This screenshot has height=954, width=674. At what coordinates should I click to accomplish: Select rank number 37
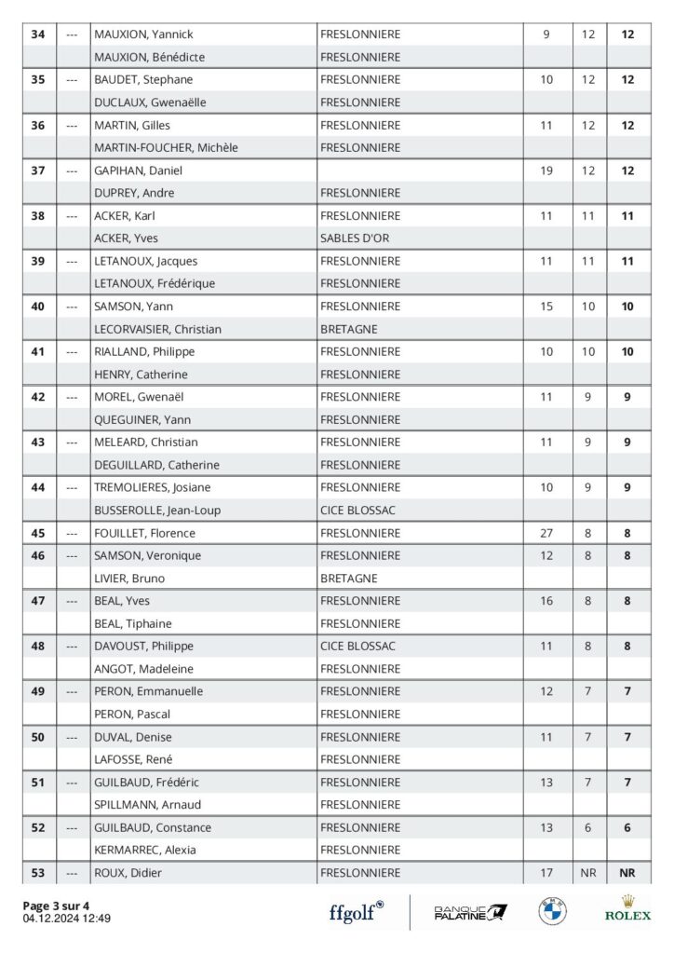(38, 170)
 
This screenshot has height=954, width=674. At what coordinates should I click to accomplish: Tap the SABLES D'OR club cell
(354, 238)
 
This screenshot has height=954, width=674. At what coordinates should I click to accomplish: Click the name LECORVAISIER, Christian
(157, 329)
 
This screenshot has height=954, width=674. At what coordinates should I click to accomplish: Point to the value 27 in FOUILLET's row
(546, 533)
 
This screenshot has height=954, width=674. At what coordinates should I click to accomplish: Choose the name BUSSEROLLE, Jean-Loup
(157, 511)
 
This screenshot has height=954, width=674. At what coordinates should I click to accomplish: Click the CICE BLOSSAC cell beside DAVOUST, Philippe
(357, 647)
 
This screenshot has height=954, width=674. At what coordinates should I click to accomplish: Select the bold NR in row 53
(627, 873)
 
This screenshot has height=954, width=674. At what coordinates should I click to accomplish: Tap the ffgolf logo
(357, 912)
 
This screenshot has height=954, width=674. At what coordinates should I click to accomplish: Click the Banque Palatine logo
(471, 912)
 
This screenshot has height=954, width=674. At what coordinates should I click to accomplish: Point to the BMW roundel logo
(552, 911)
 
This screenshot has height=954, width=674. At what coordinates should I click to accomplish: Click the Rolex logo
(627, 908)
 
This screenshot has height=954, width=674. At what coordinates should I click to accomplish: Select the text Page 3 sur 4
(57, 906)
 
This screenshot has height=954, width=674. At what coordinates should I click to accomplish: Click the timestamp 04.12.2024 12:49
(67, 919)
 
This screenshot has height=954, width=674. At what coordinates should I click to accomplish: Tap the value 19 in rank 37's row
(546, 170)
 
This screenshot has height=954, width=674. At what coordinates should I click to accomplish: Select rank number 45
(38, 533)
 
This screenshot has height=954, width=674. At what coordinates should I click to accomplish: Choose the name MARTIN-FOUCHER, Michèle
(166, 147)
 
